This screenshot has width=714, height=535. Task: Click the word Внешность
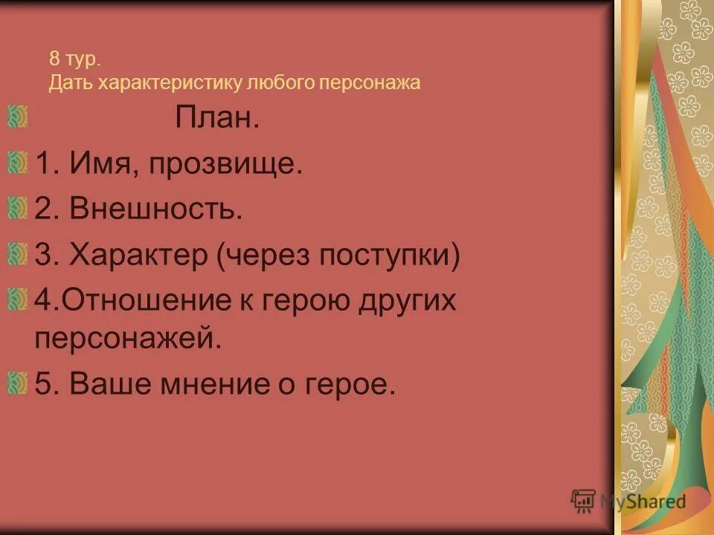point(156,210)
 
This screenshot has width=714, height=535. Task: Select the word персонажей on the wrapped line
point(129,339)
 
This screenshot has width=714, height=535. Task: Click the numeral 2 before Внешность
point(42,210)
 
